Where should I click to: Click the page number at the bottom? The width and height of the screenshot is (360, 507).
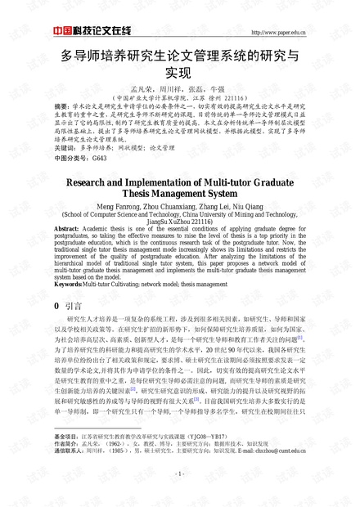coord(178,473)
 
